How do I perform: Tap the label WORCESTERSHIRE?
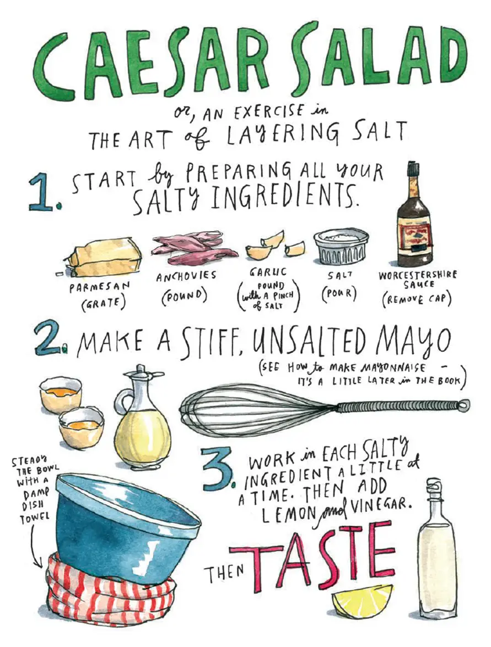417,275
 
